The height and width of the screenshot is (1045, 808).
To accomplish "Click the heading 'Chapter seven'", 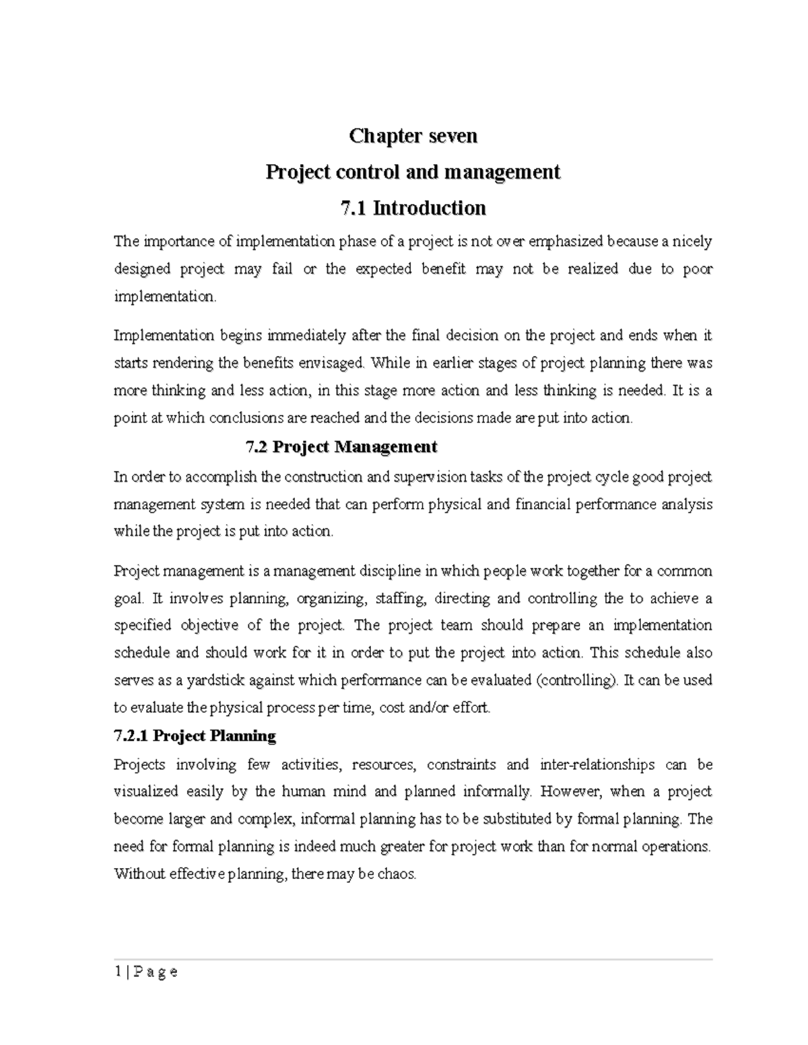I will [413, 136].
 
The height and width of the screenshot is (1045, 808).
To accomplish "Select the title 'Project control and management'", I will [413, 172].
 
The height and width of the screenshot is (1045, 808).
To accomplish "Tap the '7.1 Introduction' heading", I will [413, 208].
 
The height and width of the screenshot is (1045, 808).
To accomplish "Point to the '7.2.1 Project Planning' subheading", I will [195, 736].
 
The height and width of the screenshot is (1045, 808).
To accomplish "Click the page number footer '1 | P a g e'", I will [145, 971].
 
